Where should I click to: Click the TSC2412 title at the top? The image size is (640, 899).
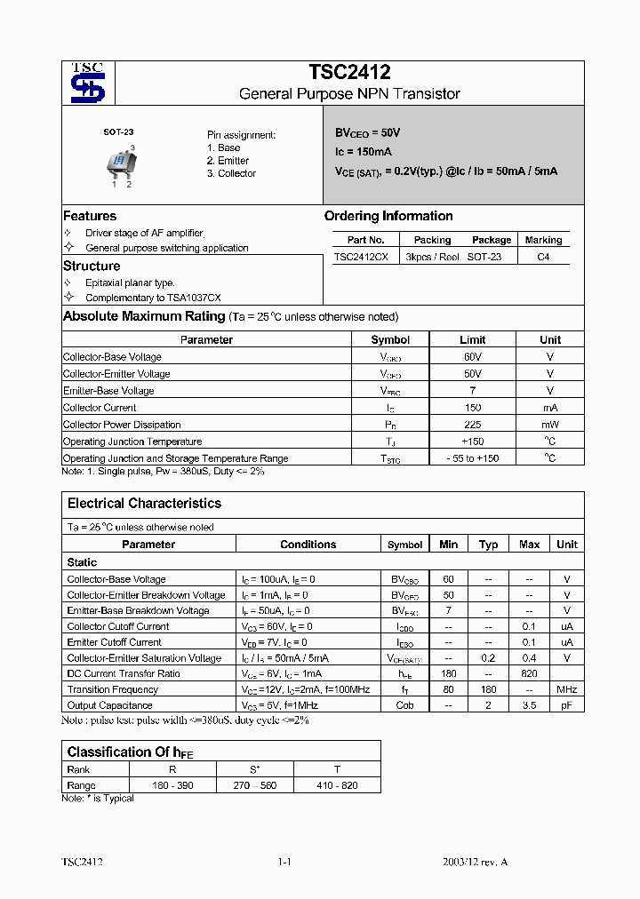coord(349,73)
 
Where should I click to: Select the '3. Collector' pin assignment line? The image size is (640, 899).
coord(231,174)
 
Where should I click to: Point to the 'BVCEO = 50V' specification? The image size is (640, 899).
coord(367,132)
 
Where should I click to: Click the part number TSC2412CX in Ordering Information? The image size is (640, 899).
coord(360,257)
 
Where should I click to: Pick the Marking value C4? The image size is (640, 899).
coord(543,257)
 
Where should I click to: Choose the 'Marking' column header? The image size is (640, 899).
coord(543,240)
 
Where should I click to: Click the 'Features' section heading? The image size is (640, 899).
coord(90,216)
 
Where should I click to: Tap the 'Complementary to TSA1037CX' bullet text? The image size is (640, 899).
coord(153,298)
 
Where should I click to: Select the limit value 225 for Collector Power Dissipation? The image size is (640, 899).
coord(472,425)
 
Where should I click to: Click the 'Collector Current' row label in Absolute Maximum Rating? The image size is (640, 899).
coord(100,408)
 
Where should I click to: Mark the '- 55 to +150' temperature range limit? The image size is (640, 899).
coord(472,458)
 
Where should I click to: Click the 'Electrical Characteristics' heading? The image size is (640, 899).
coord(144,504)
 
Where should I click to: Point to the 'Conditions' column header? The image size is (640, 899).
coord(308,545)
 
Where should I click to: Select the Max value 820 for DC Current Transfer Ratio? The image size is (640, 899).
coord(529,673)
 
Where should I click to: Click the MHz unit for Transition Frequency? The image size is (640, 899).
coord(566,689)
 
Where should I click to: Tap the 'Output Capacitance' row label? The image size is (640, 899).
coord(109,705)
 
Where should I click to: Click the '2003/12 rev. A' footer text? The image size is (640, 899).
coord(476,863)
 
